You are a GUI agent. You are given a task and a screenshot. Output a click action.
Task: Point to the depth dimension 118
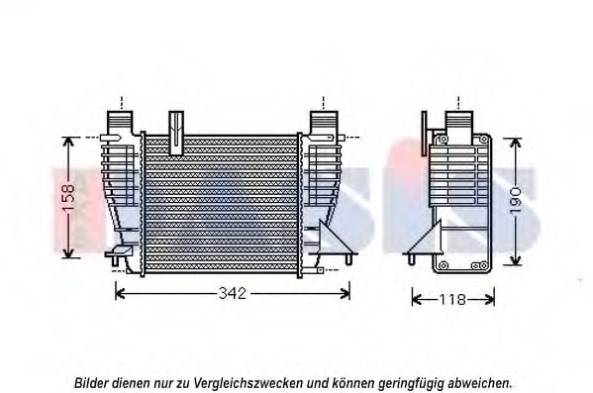coord(453,299)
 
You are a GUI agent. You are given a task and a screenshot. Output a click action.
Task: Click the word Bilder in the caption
coord(91,381)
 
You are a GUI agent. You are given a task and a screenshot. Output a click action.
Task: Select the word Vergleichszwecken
coord(251,381)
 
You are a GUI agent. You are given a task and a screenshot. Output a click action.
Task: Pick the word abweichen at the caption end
coord(480,381)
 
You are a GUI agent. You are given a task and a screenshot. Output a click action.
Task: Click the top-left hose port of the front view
coord(120,124)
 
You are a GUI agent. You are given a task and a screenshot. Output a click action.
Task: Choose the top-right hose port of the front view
coord(324,123)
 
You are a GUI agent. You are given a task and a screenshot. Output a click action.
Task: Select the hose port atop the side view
coord(457,123)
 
